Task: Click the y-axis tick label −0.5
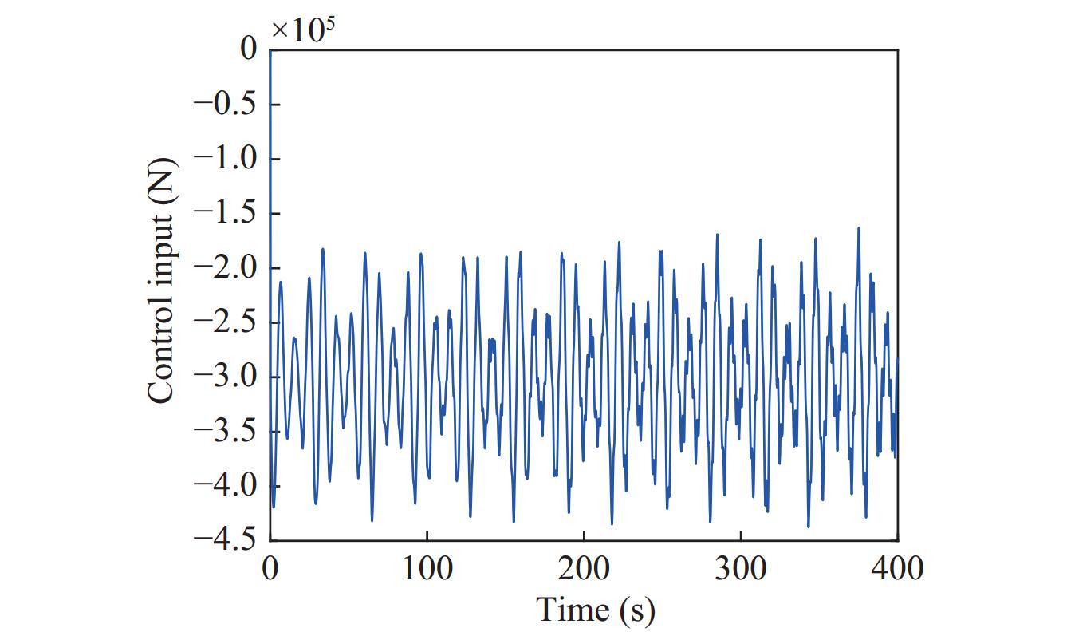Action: point(225,105)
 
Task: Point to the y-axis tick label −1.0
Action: point(225,159)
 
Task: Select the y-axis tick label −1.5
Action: point(225,213)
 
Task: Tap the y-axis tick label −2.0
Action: point(225,268)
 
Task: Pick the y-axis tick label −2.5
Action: point(225,322)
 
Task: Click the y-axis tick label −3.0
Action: point(225,377)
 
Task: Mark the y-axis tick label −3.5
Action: point(225,432)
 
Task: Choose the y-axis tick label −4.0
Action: point(225,486)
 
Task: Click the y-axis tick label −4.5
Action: point(225,540)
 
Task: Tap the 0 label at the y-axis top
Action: point(249,50)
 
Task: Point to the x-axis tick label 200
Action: point(584,569)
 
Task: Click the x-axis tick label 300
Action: point(741,569)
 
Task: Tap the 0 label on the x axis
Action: point(270,569)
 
